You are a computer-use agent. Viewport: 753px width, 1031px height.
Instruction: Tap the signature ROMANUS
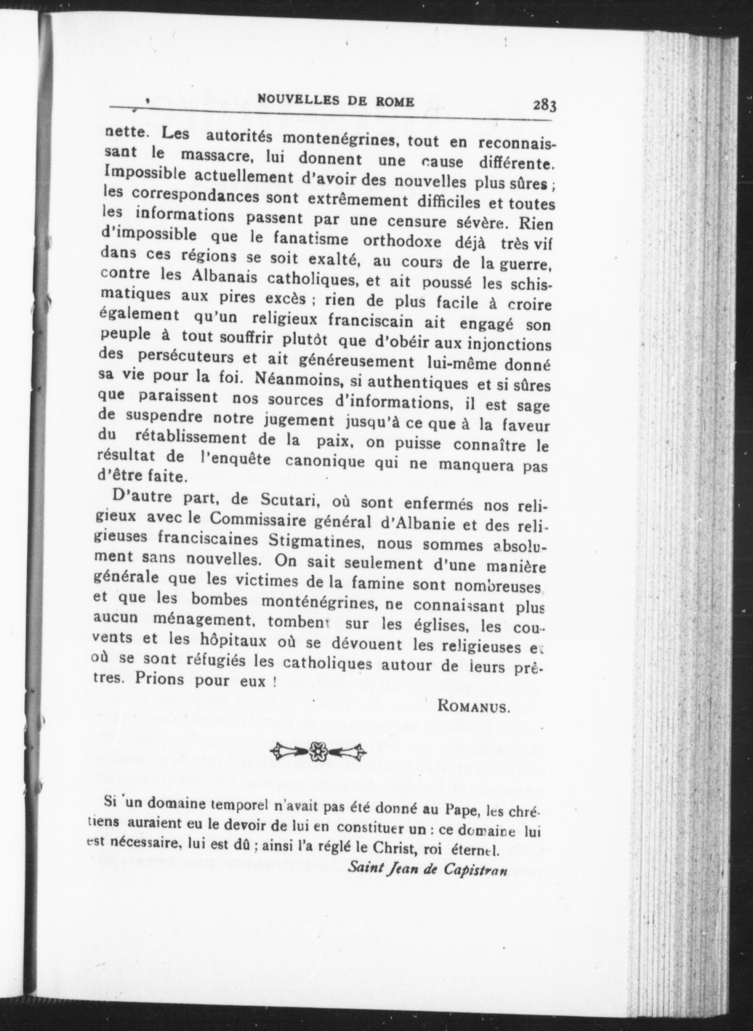pyautogui.click(x=473, y=707)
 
